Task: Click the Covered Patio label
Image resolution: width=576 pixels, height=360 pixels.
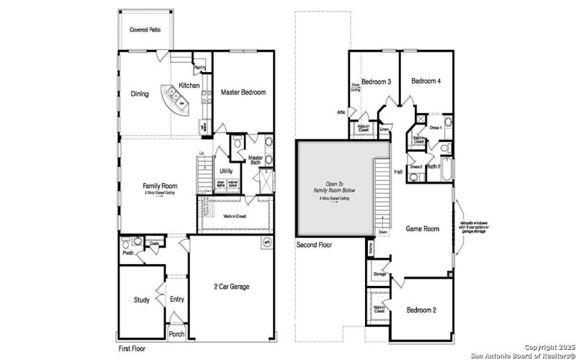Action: (145, 30)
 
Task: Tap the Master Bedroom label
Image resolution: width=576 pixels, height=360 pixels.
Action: (243, 92)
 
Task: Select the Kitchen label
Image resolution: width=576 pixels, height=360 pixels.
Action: (189, 85)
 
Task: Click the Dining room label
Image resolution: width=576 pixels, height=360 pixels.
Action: (140, 94)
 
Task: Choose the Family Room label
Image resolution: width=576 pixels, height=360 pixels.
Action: (159, 186)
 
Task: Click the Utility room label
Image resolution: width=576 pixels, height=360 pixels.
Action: (226, 171)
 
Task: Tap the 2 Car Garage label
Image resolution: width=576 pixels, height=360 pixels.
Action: (232, 287)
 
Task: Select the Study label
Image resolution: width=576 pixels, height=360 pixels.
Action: (142, 300)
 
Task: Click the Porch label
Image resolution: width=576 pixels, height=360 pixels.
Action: (176, 335)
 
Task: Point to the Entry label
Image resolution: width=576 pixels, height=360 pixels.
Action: (177, 300)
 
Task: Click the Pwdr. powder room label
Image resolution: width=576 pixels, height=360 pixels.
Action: (129, 253)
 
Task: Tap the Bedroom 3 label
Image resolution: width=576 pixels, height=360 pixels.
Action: (376, 81)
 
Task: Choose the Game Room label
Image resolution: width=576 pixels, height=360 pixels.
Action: (423, 228)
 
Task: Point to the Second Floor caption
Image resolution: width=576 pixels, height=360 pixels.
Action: (315, 245)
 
